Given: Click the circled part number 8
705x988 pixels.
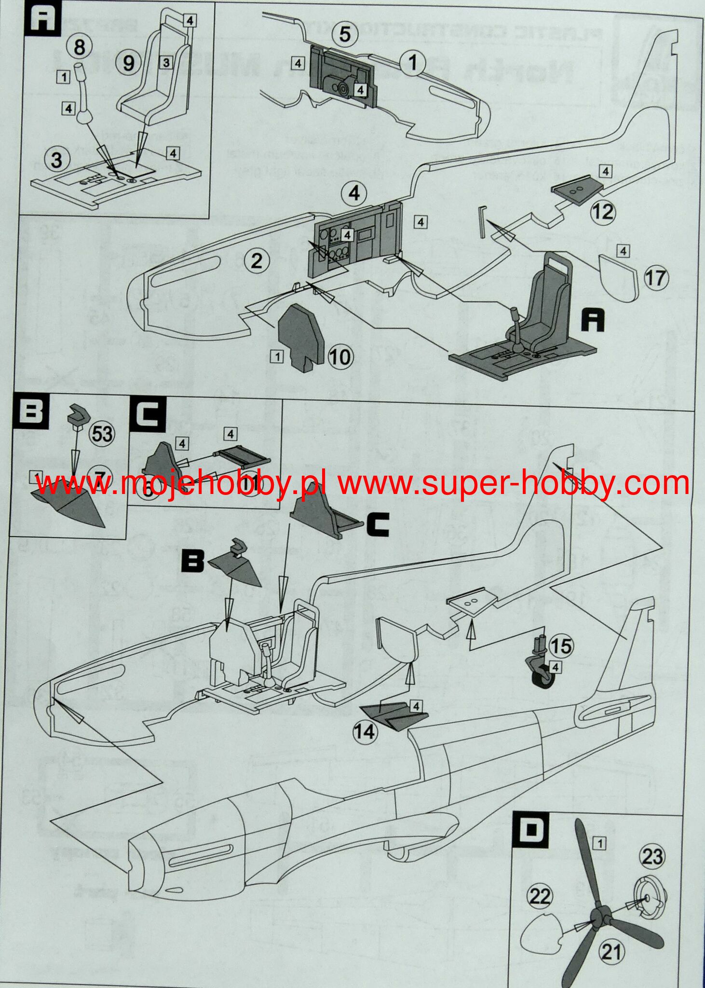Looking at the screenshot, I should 80,47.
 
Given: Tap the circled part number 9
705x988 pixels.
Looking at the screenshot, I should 128,63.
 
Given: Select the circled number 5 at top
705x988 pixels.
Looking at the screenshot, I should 345,34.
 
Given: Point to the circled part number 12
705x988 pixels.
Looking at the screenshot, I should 602,212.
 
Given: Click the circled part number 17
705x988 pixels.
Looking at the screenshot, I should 655,278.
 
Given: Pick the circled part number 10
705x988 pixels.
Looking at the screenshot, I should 340,357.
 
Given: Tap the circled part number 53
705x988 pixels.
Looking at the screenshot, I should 102,434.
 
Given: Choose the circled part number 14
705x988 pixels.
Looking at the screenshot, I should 365,732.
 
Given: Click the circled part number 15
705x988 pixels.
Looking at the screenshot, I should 561,646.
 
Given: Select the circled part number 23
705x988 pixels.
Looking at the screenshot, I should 652,856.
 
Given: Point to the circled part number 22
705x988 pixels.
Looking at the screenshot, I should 540,896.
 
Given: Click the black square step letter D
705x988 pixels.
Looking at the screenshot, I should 531,829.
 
